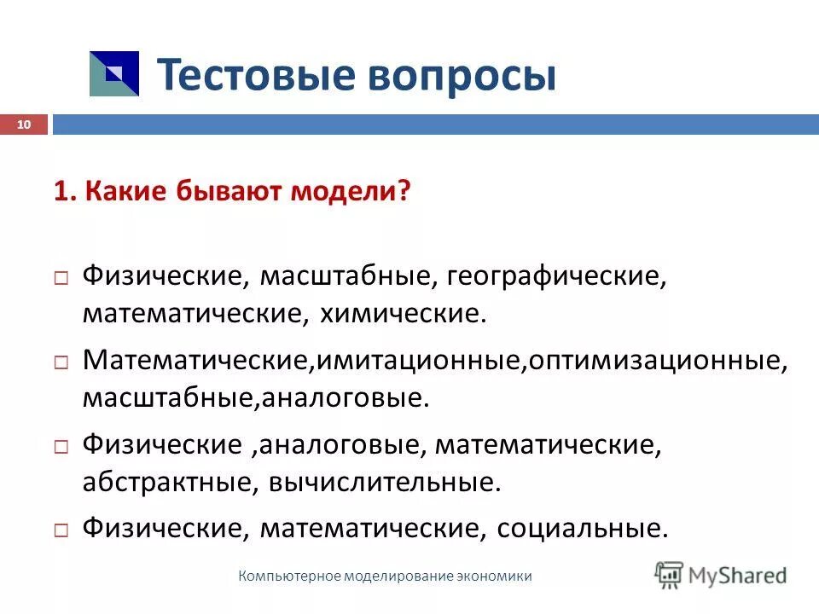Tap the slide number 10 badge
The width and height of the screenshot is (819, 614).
[x=23, y=125]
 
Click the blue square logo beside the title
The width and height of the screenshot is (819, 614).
[x=113, y=73]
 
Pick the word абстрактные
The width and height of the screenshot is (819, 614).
[x=154, y=482]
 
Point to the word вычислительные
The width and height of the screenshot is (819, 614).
[x=381, y=482]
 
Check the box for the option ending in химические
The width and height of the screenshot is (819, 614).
[x=61, y=278]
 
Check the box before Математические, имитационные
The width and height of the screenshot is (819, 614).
[x=61, y=362]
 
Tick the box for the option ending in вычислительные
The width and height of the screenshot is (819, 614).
[x=61, y=446]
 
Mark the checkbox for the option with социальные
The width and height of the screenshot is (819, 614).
[x=61, y=530]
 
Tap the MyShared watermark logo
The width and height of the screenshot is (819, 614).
[x=721, y=574]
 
